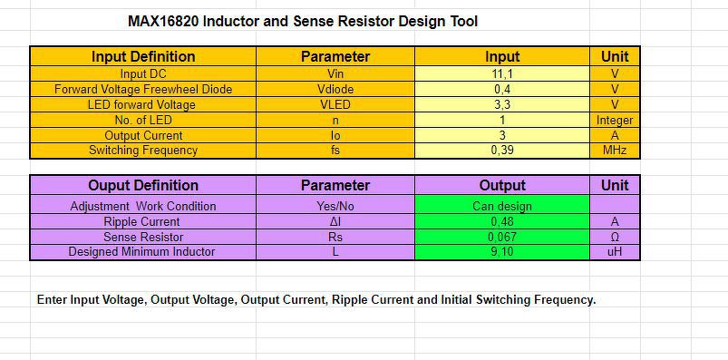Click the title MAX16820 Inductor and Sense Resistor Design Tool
tap(303, 22)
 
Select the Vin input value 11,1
tap(502, 73)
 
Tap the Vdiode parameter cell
tap(335, 89)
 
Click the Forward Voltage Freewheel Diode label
tap(143, 89)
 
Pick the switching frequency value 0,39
tap(502, 151)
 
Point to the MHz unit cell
tap(615, 151)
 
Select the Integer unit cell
tap(615, 120)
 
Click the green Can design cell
tap(502, 206)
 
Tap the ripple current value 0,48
tap(502, 221)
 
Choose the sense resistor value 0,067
tap(502, 237)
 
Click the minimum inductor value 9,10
tap(502, 252)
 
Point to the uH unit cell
tap(615, 252)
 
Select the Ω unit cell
tap(615, 237)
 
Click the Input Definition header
tap(143, 56)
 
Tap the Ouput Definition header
tap(143, 185)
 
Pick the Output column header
tap(502, 185)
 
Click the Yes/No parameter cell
tap(335, 206)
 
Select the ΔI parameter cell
tap(335, 221)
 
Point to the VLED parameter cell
tap(335, 104)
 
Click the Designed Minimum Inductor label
tap(142, 252)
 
